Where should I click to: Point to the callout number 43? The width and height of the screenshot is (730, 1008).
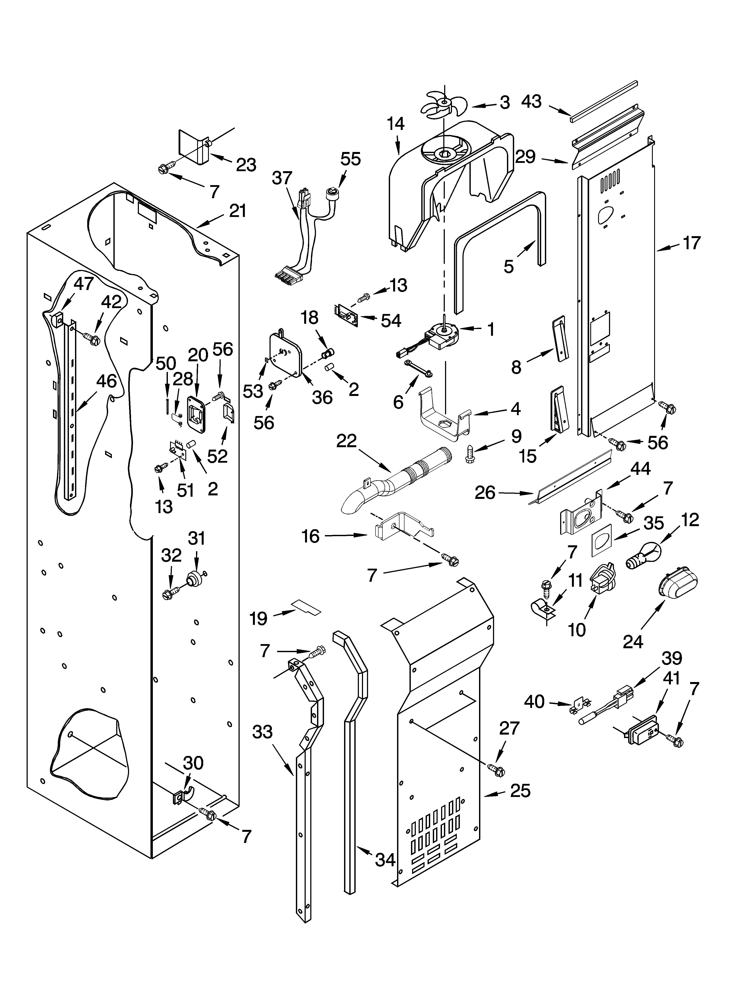pos(532,102)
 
